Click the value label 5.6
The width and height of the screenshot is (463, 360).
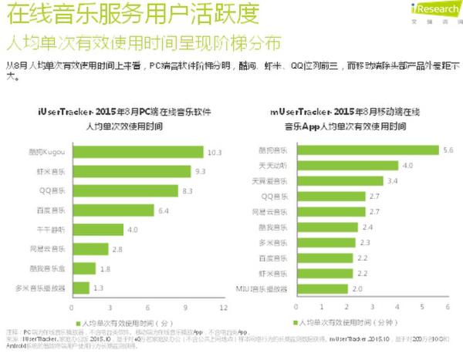(445, 150)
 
